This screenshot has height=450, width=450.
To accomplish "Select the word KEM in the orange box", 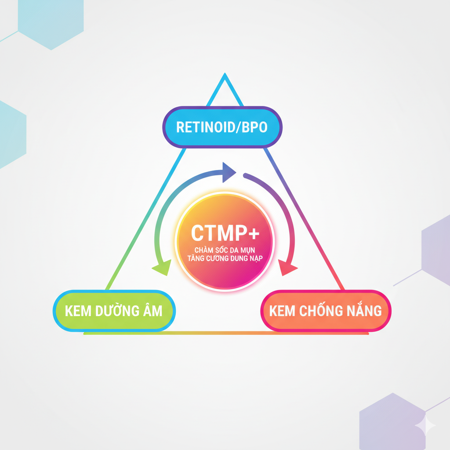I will pos(283,311).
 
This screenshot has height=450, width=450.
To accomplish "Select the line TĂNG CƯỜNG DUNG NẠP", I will pos(224,258).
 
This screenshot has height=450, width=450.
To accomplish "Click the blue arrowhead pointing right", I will pos(229,172).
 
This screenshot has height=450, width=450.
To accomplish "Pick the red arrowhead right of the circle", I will pos(288,267).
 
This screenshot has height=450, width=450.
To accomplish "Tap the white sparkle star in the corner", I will pos(425,425).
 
